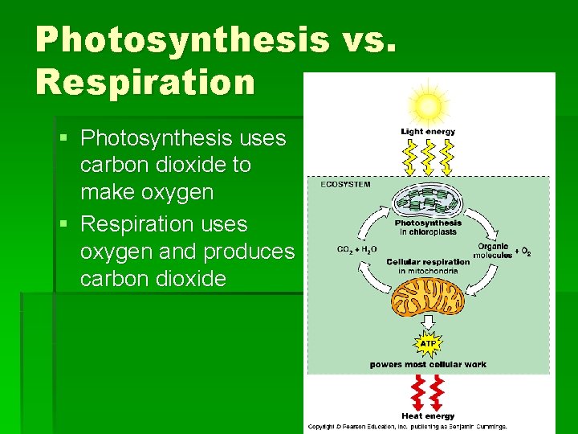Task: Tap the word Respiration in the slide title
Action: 144,81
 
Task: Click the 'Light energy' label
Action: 428,132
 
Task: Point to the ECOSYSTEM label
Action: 346,184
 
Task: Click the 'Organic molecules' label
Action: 493,251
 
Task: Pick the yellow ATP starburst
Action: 428,344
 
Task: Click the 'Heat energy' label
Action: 428,416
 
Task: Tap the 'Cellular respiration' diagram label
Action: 428,262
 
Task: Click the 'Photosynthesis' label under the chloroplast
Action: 428,223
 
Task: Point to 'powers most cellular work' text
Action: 428,365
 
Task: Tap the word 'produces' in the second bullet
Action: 249,252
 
